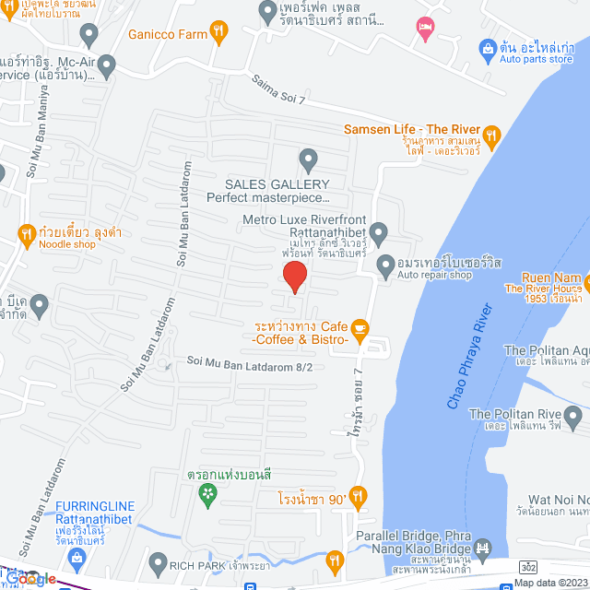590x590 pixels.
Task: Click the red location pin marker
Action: point(294,277)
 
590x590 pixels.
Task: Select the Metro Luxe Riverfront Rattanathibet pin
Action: point(379,230)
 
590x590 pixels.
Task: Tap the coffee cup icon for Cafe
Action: point(360,327)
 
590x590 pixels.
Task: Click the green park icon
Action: point(208,495)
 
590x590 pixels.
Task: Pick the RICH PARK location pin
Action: point(159,561)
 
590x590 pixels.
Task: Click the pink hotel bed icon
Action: point(424,28)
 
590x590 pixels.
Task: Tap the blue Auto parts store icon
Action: point(486,47)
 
